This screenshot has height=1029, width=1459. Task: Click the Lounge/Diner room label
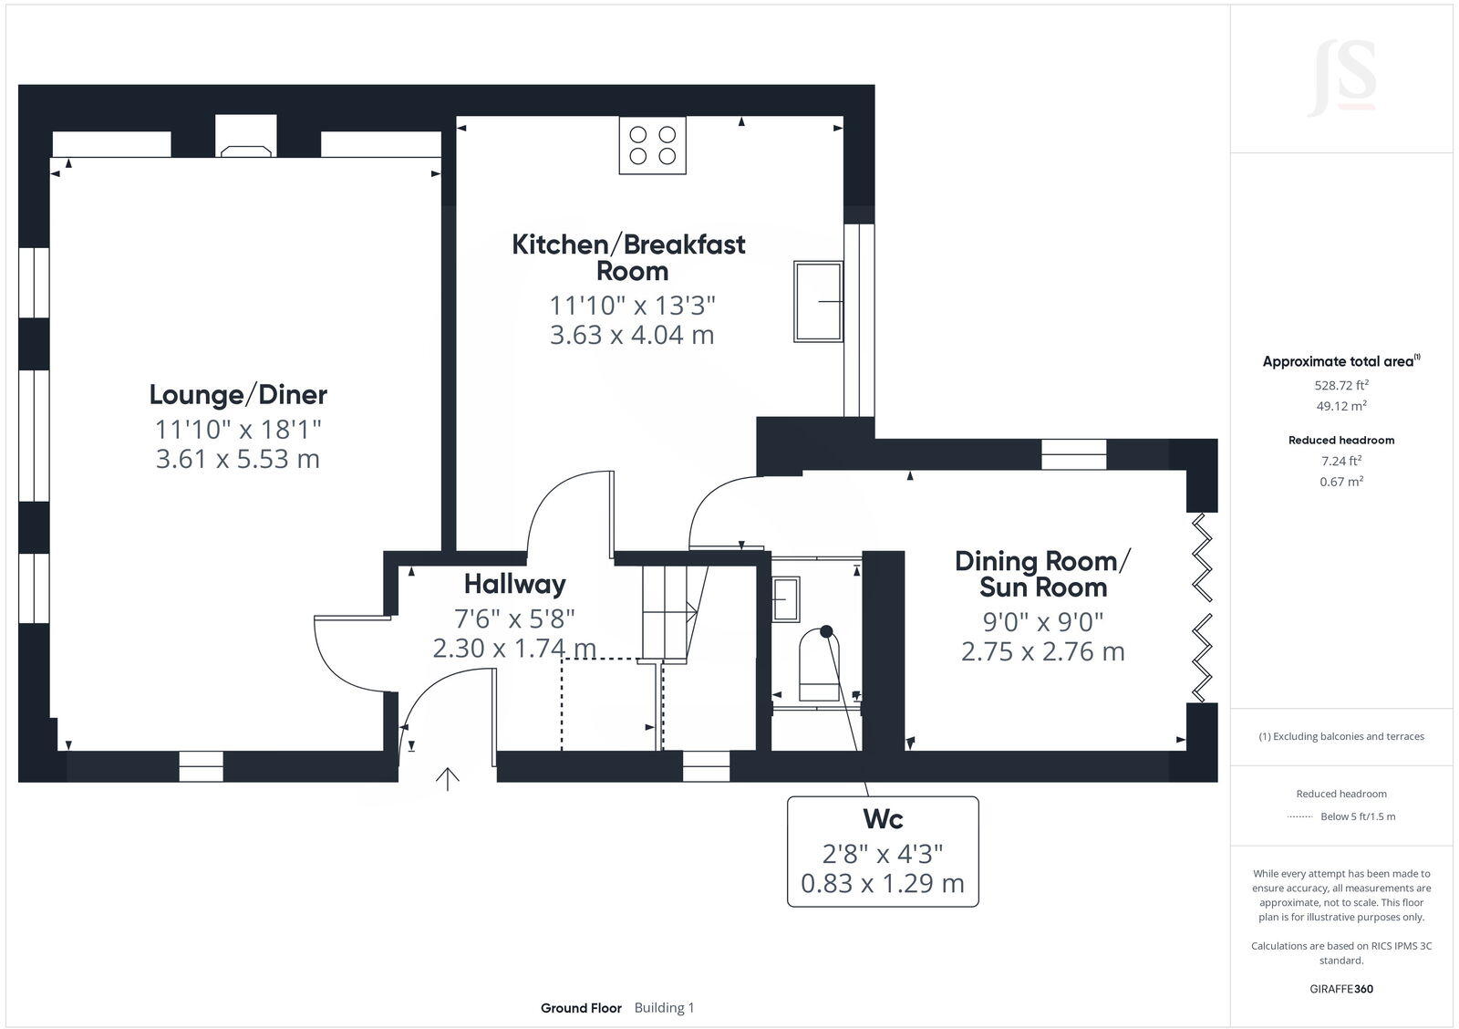238,395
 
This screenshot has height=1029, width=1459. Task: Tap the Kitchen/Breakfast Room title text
628,257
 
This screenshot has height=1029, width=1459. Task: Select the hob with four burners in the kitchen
653,145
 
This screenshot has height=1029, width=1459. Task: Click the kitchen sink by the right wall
818,301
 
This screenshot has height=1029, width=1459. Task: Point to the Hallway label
514,584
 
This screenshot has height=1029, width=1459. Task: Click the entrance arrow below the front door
447,778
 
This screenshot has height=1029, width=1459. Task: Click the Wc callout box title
883,819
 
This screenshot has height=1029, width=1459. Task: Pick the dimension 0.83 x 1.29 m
883,883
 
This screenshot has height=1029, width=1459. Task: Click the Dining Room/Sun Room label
1042,574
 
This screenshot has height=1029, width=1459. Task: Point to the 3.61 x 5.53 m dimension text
238,458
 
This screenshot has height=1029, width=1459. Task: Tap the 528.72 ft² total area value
1340,386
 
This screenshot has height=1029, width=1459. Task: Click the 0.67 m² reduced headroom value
1340,482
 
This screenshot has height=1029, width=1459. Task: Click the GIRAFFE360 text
1340,989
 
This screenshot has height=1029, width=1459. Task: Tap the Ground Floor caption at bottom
581,1008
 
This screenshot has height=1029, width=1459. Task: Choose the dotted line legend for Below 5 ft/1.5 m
1299,816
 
